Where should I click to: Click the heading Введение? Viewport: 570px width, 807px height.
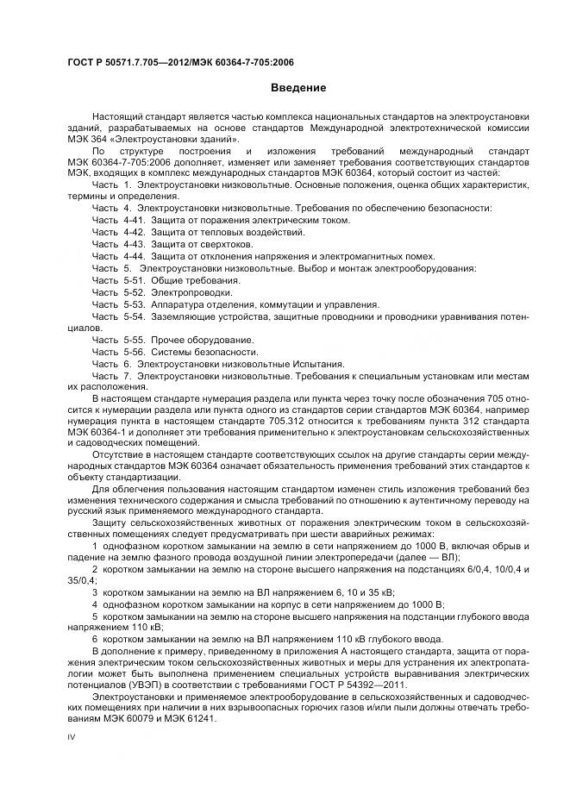coord(298,87)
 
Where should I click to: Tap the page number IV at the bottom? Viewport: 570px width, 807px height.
coord(72,738)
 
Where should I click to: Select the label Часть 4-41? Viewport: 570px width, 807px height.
coord(117,221)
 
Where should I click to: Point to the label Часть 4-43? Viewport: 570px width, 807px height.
coord(117,245)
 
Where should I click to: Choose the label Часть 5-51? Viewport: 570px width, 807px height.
coord(117,281)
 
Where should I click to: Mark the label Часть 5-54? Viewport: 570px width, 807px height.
coord(117,316)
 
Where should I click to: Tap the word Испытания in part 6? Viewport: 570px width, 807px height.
coord(321,364)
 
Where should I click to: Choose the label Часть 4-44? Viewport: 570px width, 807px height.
coord(117,257)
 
